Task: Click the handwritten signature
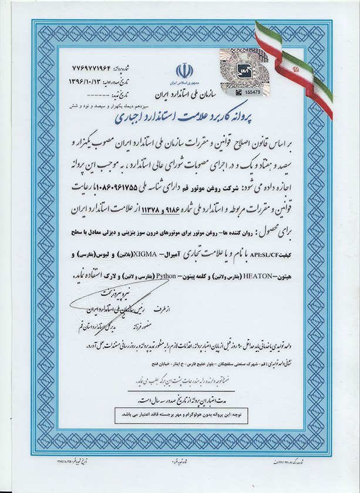112,303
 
